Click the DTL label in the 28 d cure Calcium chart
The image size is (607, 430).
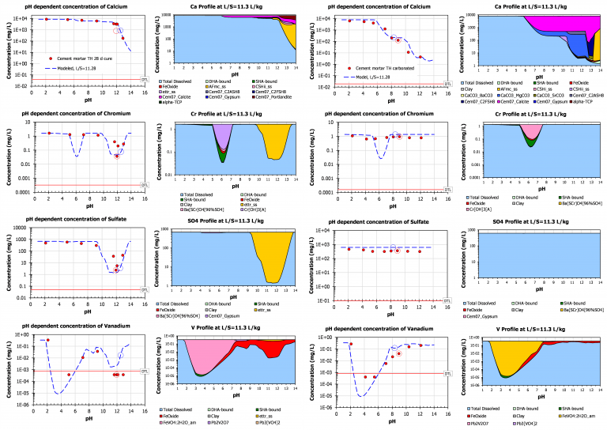(144, 79)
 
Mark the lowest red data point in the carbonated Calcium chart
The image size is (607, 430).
(419, 59)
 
